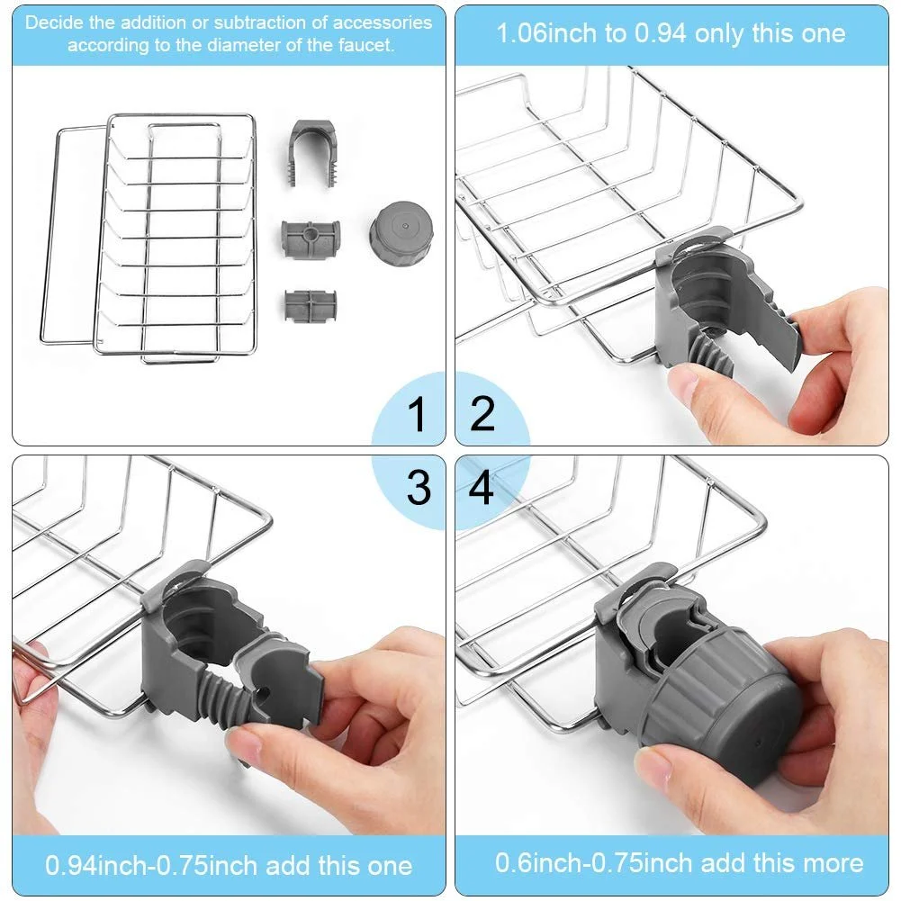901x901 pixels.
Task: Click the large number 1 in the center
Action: (416, 415)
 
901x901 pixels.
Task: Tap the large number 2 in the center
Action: (483, 415)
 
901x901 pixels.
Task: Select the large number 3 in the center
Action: (418, 487)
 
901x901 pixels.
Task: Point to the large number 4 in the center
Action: (482, 487)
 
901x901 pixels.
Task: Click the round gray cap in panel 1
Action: (401, 230)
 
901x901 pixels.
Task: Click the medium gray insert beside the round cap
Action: (310, 239)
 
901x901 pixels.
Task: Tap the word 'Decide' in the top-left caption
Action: (51, 23)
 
